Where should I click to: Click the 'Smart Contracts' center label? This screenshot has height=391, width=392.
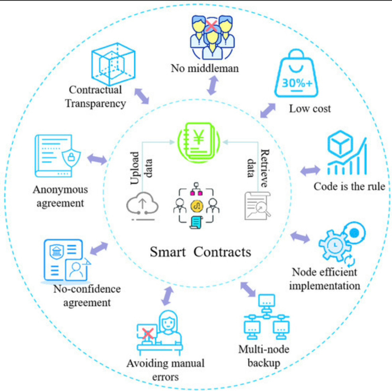[x=200, y=251]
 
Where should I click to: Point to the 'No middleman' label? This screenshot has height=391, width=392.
[x=205, y=69]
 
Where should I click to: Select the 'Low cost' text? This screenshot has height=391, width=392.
[x=310, y=109]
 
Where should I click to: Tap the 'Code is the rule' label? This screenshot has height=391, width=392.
[x=349, y=186]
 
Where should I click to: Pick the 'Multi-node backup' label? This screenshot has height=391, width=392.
[x=264, y=356]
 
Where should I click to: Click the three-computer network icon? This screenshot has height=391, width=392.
[x=267, y=318]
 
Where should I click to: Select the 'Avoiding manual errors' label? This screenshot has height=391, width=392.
[x=166, y=370]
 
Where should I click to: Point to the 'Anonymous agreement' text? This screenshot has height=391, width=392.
[x=60, y=196]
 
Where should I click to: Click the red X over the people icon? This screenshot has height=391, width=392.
[x=211, y=25]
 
